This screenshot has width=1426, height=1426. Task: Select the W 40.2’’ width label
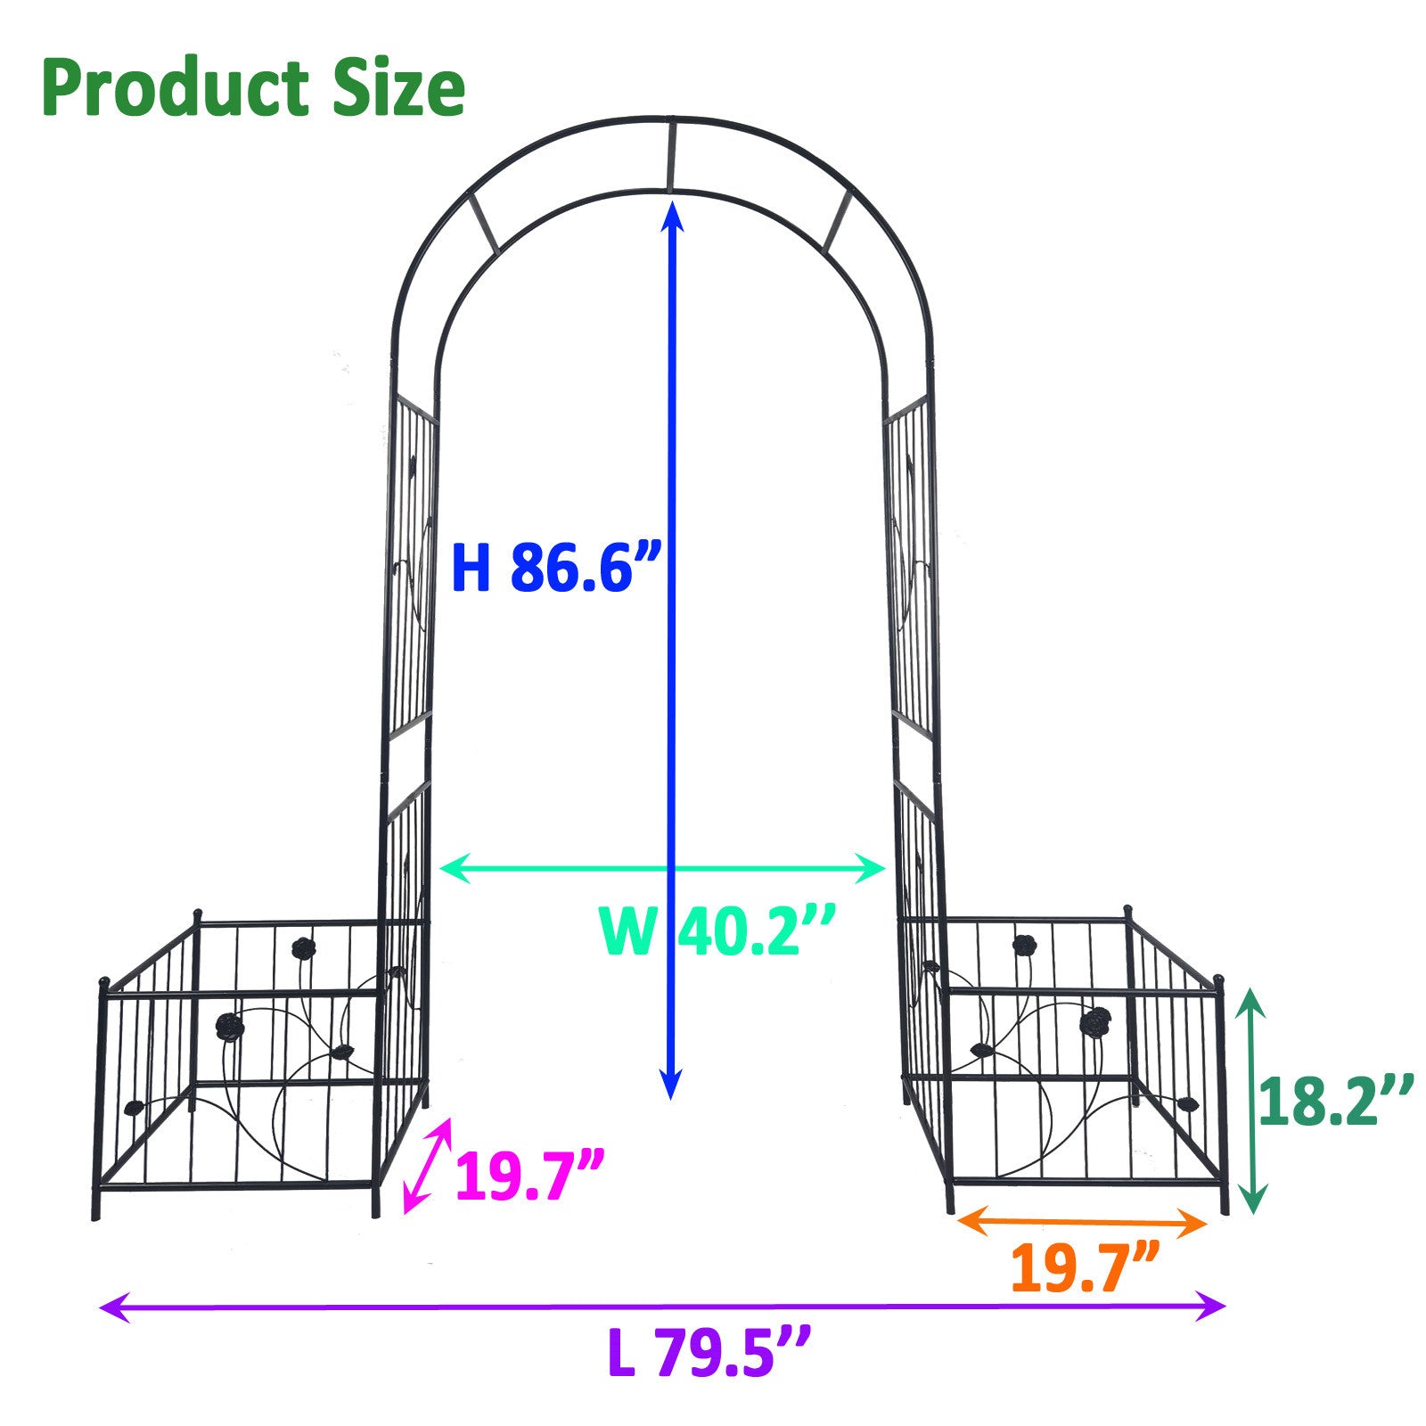(x=717, y=931)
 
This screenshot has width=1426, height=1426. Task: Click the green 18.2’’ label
(x=1335, y=1102)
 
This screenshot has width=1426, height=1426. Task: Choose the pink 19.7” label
(x=529, y=1176)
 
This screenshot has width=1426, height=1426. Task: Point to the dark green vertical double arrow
(x=1252, y=1102)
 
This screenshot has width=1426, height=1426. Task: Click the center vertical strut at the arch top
(x=670, y=154)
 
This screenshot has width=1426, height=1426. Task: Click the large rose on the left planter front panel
(x=229, y=1028)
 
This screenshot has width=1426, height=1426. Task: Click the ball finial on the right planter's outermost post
(x=1219, y=980)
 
